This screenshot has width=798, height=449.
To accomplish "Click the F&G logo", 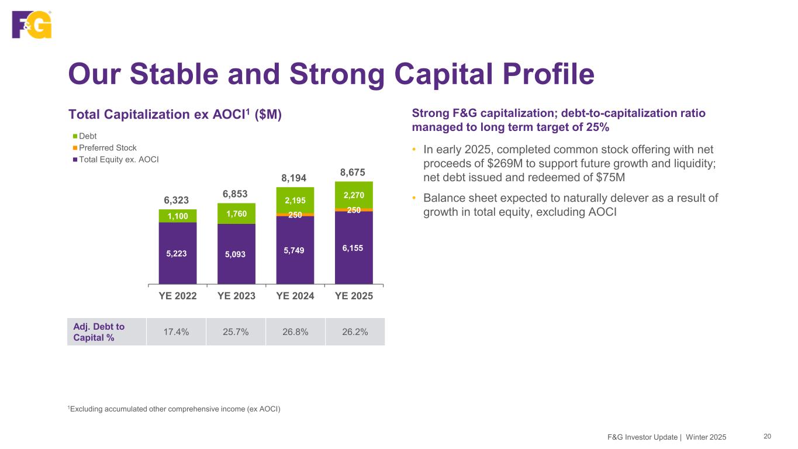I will point(32,25).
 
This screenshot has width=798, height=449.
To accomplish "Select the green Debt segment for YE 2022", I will point(178,216).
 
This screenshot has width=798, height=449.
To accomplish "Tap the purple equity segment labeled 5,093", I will point(236,254).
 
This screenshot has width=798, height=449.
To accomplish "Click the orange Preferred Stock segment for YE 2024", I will point(295,215).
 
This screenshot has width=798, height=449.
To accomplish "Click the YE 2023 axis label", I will point(236,296).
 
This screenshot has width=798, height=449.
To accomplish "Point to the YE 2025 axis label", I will point(354,296).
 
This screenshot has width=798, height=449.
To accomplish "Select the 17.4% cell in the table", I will point(176,332).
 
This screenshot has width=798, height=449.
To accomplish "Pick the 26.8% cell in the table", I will point(295,332).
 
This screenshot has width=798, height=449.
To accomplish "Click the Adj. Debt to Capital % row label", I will point(99,332).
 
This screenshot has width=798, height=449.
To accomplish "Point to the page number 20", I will point(767,436).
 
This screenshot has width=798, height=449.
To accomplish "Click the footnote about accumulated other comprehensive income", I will point(175,409).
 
